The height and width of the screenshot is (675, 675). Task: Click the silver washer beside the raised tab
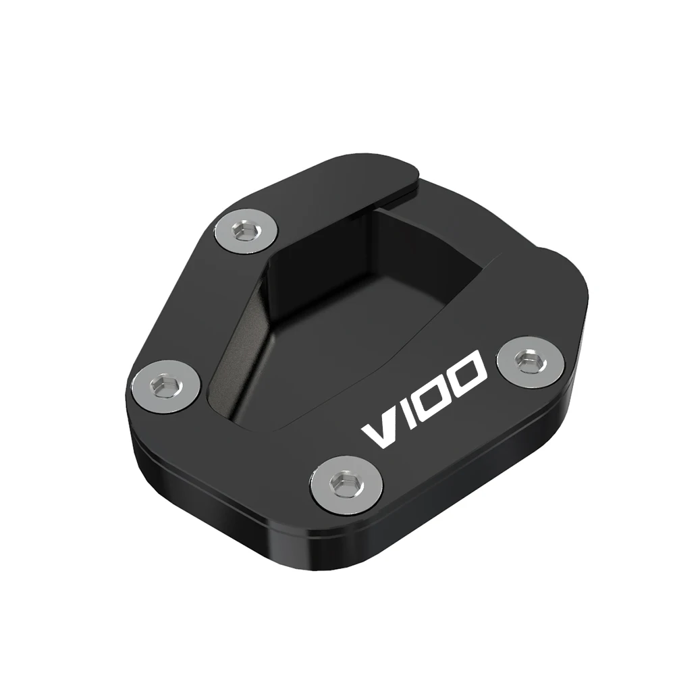click(x=246, y=232)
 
